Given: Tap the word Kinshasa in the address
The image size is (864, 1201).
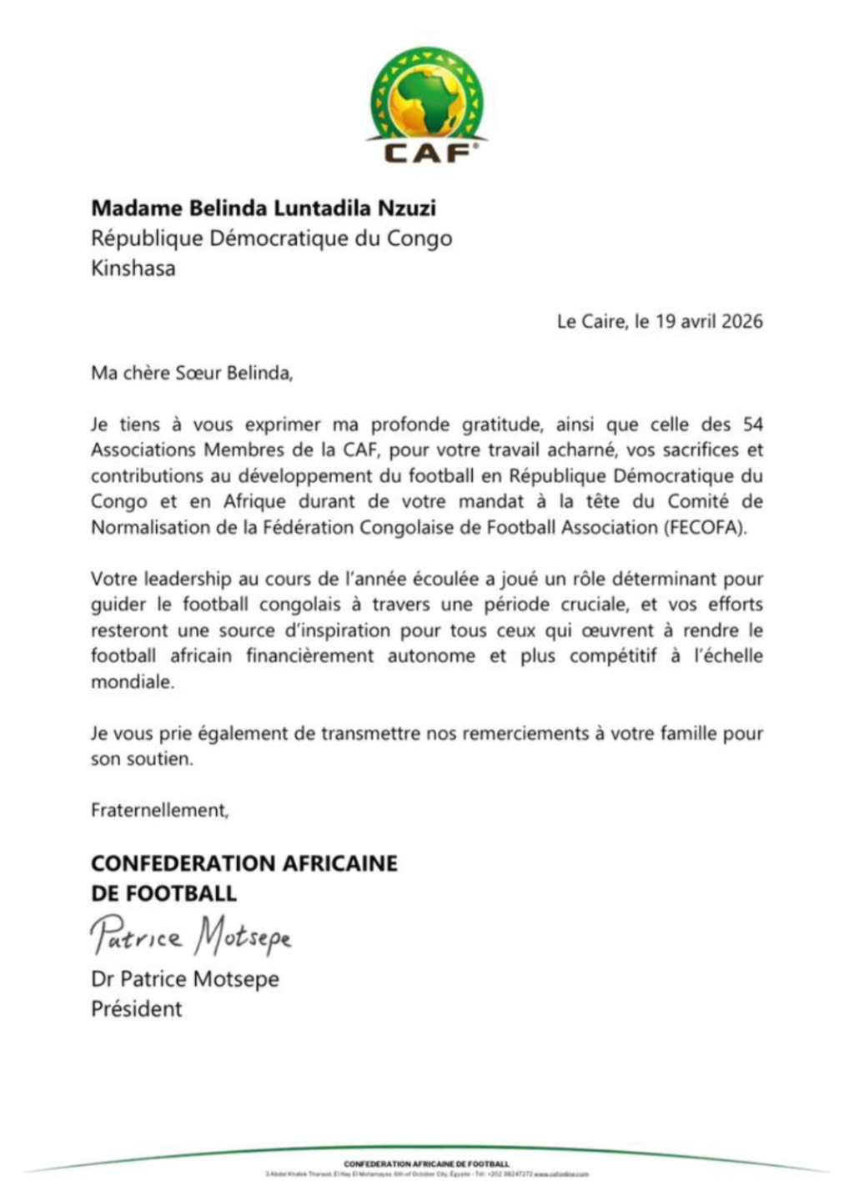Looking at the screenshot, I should (133, 269).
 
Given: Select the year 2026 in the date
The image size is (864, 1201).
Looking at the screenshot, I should (741, 321).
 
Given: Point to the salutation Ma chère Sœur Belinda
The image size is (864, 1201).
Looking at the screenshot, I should (192, 373).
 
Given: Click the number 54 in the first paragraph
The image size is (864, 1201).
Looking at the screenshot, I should (752, 425).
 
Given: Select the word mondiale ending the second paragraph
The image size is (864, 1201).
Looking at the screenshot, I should (133, 682).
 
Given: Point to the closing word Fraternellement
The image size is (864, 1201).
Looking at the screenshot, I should (159, 810).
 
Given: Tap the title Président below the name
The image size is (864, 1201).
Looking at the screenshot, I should (137, 1009).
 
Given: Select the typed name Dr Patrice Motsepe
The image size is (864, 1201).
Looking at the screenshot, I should (185, 979).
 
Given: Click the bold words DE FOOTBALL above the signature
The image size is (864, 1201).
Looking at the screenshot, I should (164, 893).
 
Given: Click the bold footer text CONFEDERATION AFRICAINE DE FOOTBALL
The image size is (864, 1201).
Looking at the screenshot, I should (426, 1163).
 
